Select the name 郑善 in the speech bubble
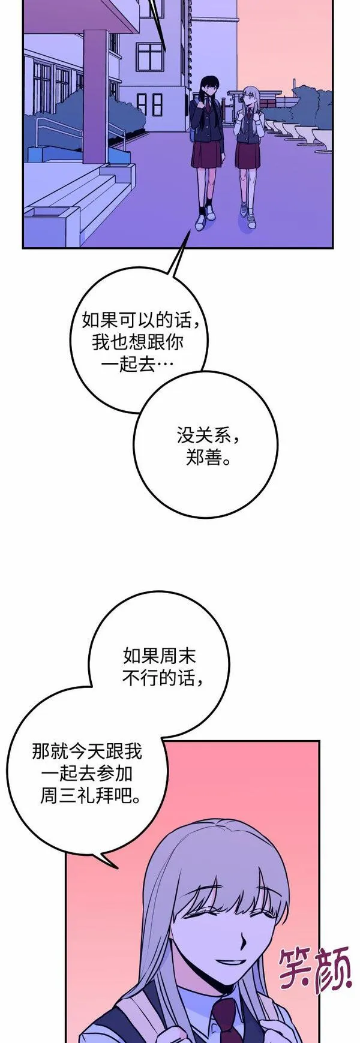pos(204,459)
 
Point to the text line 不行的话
pos(162,678)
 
